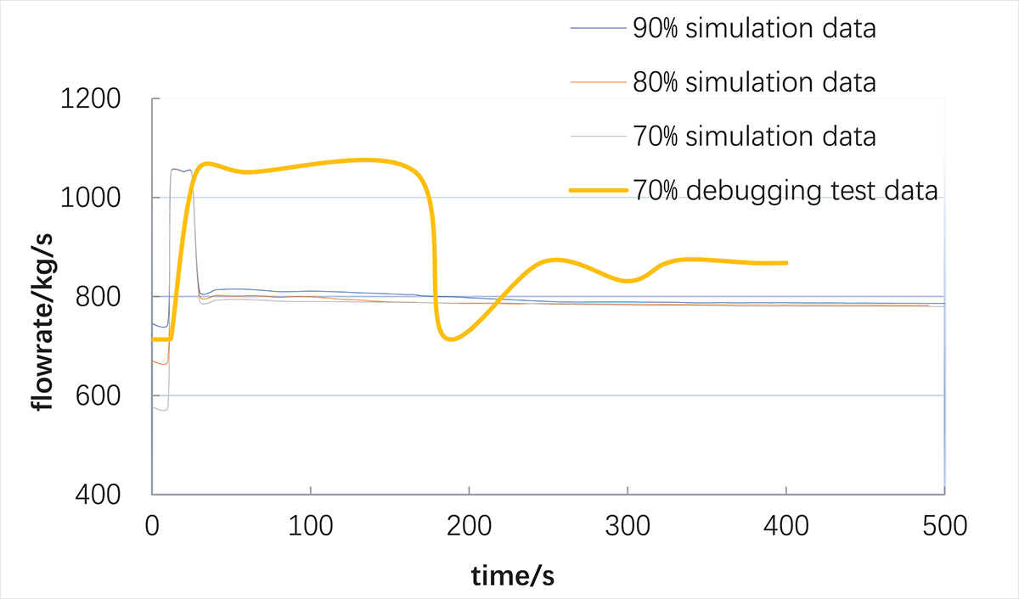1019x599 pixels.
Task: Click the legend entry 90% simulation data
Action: click(x=754, y=29)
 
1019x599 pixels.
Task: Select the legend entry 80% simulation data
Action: click(x=754, y=82)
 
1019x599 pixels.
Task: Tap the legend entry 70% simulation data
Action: click(x=754, y=136)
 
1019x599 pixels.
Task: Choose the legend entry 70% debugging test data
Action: click(x=785, y=190)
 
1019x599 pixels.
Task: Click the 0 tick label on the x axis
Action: click(x=152, y=527)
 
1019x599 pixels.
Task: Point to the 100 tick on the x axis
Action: click(x=311, y=527)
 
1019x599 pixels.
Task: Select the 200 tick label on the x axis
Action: click(x=470, y=527)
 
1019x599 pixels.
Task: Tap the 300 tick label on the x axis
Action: click(x=628, y=527)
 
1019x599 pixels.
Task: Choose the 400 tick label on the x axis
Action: click(x=786, y=527)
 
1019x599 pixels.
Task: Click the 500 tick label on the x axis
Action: click(x=944, y=527)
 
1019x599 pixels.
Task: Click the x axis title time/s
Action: click(x=514, y=576)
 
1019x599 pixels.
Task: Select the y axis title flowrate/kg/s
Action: click(x=42, y=297)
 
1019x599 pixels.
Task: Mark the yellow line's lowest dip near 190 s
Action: click(x=451, y=339)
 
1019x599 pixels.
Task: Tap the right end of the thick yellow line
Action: click(x=786, y=263)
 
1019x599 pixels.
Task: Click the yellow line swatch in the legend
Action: click(x=598, y=190)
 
